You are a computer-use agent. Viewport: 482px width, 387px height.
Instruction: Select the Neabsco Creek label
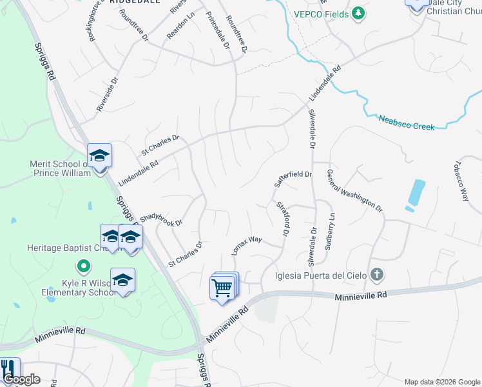[x=406, y=122]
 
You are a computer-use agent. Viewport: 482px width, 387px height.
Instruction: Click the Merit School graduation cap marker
[x=100, y=156]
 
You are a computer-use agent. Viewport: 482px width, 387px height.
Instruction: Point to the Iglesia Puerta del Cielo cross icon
[x=377, y=275]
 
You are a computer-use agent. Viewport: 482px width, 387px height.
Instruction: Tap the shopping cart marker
[x=222, y=286]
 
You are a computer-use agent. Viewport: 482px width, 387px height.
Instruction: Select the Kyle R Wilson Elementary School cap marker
[x=122, y=281]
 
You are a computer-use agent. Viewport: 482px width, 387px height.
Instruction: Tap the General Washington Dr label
[x=354, y=191]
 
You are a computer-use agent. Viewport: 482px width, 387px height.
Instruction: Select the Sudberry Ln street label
[x=331, y=232]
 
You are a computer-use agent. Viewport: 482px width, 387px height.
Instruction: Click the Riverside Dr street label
[x=108, y=95]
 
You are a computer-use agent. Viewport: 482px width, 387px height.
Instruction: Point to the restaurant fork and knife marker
[x=8, y=369]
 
